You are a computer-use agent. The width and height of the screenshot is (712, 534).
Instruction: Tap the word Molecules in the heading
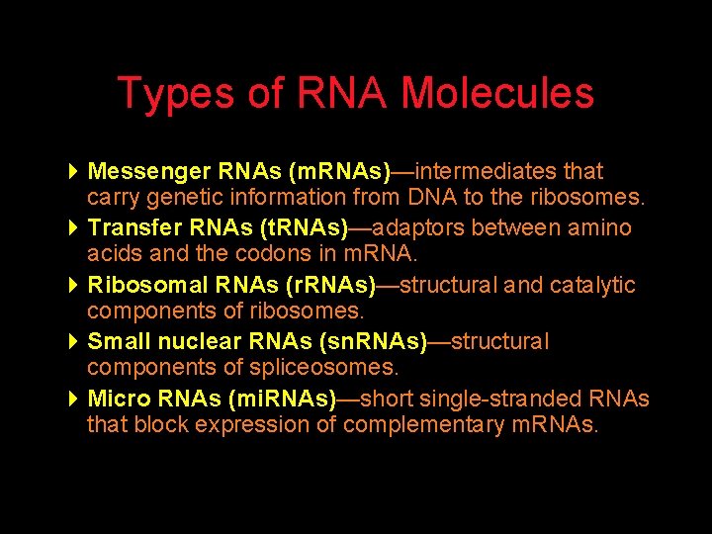tap(497, 94)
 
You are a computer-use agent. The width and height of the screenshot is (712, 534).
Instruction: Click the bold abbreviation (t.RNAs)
tap(303, 228)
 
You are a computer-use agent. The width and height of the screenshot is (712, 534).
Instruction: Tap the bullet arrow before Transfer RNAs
tap(75, 228)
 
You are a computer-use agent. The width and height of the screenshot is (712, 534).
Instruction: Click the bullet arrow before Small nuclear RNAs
tap(75, 342)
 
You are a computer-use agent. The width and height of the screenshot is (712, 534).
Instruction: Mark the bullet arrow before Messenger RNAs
tap(75, 172)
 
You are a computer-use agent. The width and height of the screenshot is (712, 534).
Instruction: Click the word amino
tap(599, 228)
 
